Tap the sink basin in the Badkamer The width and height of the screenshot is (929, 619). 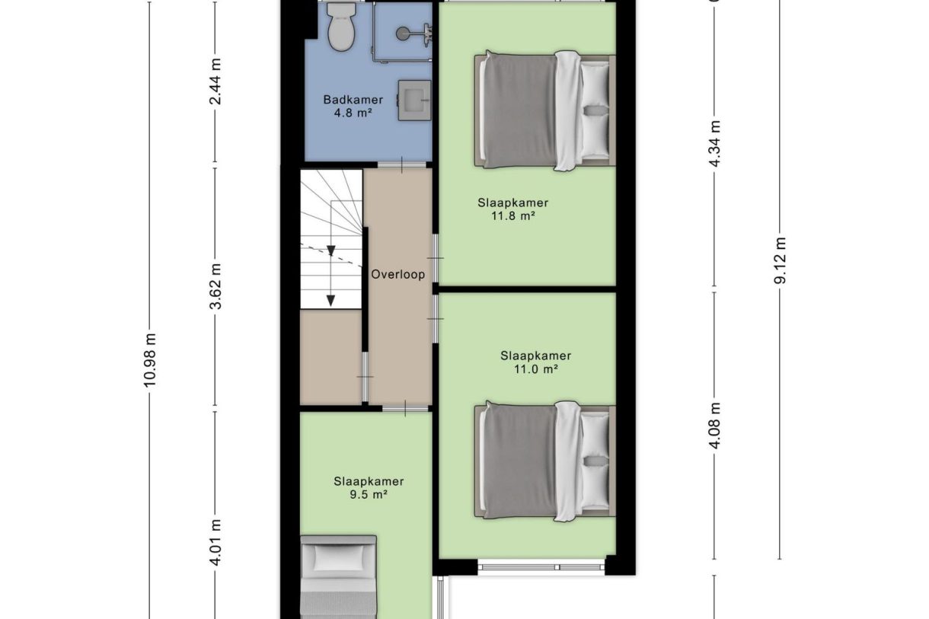click(x=413, y=100)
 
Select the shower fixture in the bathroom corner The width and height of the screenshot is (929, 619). click(x=411, y=33)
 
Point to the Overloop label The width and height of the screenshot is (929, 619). click(x=397, y=275)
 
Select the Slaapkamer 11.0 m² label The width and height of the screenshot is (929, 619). click(x=535, y=362)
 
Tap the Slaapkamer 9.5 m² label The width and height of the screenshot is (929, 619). click(x=369, y=488)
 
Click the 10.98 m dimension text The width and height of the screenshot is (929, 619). click(x=150, y=360)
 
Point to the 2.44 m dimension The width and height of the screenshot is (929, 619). click(x=216, y=81)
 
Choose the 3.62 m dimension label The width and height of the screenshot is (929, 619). click(x=216, y=286)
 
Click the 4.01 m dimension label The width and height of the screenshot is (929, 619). click(x=216, y=541)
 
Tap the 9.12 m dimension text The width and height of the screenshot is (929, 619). click(x=781, y=260)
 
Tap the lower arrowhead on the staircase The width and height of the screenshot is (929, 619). click(x=330, y=300)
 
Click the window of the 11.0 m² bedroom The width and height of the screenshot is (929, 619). click(x=541, y=567)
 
